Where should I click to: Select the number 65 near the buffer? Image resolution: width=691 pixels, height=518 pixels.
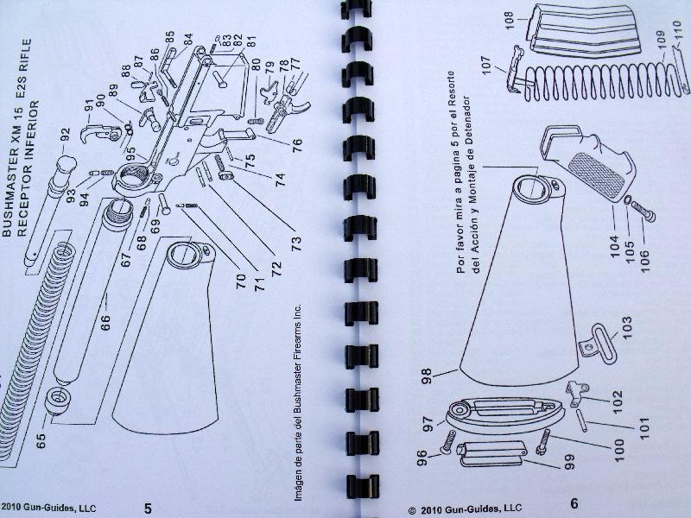pyautogui.click(x=41, y=441)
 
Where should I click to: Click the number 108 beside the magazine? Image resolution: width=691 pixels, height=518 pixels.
pyautogui.click(x=509, y=20)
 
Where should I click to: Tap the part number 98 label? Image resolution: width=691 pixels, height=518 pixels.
pyautogui.click(x=427, y=376)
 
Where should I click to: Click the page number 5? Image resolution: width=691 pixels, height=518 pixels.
pyautogui.click(x=148, y=508)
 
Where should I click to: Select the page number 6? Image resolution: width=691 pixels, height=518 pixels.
pyautogui.click(x=574, y=503)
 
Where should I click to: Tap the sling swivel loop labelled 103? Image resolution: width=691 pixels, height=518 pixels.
pyautogui.click(x=600, y=344)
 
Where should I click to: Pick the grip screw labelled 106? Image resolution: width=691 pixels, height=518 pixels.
pyautogui.click(x=643, y=212)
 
